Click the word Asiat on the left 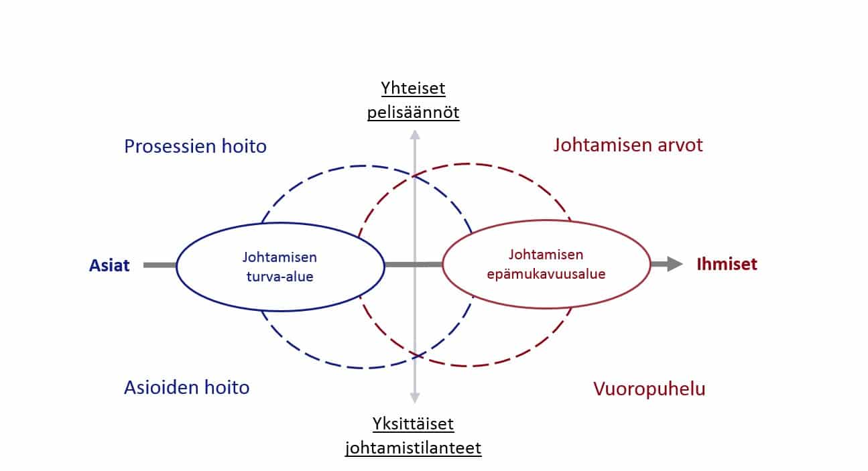109,265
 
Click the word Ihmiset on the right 727,264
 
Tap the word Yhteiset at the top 413,88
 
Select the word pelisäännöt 413,113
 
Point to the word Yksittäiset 413,423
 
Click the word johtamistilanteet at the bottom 413,448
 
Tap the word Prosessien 170,147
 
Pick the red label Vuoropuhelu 649,389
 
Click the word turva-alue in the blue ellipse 280,277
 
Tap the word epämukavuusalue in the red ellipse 546,274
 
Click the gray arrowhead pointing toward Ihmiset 675,264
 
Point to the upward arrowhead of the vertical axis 415,135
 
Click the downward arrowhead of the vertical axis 415,398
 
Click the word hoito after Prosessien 244,147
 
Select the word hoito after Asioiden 227,387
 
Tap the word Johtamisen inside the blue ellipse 280,257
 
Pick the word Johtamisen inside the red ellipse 546,255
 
